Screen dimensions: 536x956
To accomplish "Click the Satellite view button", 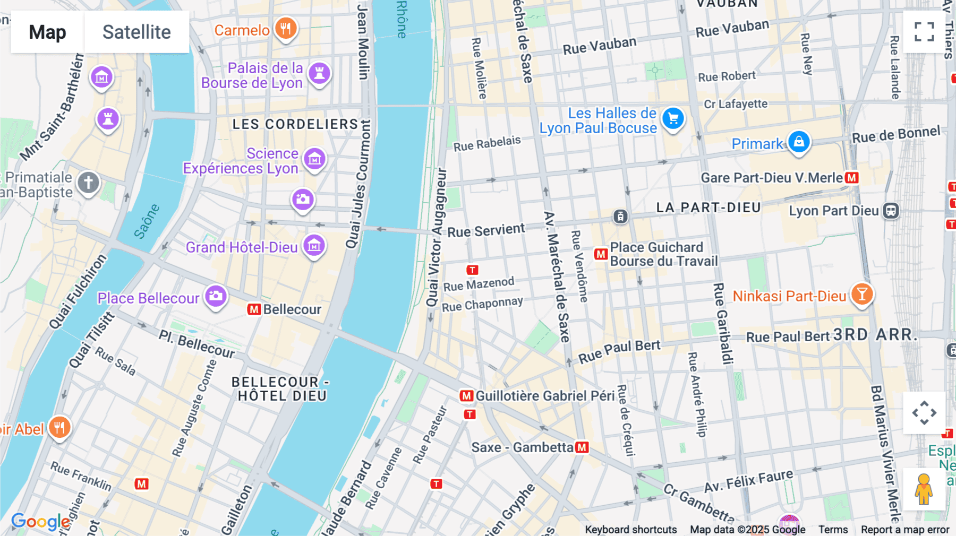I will pyautogui.click(x=136, y=32).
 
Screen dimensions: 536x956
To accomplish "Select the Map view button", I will pyautogui.click(x=47, y=32).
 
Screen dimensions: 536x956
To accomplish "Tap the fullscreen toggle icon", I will pyautogui.click(x=924, y=32).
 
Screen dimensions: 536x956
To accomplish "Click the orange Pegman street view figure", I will pyautogui.click(x=924, y=489).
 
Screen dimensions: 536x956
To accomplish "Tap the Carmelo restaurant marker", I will pyautogui.click(x=286, y=28).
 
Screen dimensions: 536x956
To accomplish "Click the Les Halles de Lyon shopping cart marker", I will pyautogui.click(x=673, y=119).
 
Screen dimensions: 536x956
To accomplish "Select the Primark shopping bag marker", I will pyautogui.click(x=799, y=142).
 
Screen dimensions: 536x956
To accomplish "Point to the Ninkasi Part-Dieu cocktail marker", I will pyautogui.click(x=862, y=294).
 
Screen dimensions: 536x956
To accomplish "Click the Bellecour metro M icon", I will pyautogui.click(x=254, y=309).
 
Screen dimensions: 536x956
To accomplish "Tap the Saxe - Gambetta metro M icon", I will pyautogui.click(x=582, y=447).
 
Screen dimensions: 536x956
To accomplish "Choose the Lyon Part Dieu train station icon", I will pyautogui.click(x=891, y=211).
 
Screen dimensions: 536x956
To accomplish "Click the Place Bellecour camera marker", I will pyautogui.click(x=216, y=296).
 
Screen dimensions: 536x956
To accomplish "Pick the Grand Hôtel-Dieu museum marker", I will pyautogui.click(x=314, y=246).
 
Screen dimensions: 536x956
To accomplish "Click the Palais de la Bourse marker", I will pyautogui.click(x=319, y=73).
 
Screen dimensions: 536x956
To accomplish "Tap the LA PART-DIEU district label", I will pyautogui.click(x=709, y=208).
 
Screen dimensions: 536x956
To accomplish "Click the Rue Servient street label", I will pyautogui.click(x=486, y=230).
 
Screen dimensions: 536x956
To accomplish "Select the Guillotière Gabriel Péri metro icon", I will pyautogui.click(x=466, y=396).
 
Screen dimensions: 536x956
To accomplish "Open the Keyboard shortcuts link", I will pyautogui.click(x=630, y=530).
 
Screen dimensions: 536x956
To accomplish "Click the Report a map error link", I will pyautogui.click(x=905, y=530).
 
